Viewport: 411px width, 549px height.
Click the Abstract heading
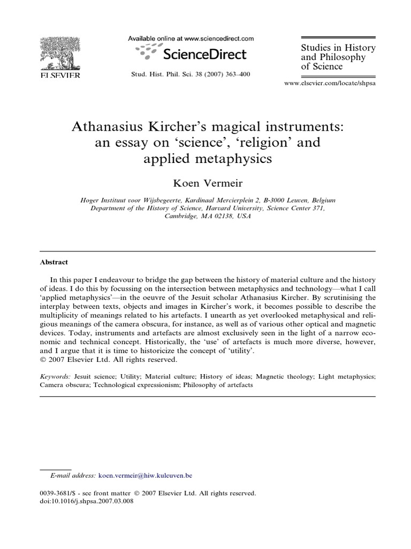pyautogui.click(x=54, y=263)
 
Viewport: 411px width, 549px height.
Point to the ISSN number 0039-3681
pyautogui.click(x=57, y=493)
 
